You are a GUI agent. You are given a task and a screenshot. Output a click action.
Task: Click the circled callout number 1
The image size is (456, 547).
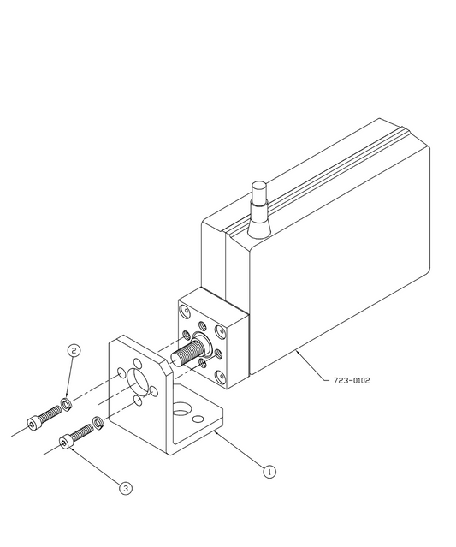click(269, 472)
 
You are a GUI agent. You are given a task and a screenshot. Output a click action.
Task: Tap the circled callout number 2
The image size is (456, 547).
click(74, 351)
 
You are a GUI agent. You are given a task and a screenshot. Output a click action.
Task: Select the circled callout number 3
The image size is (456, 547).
click(126, 488)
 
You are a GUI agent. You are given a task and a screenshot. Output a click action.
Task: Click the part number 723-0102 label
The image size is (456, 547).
click(352, 380)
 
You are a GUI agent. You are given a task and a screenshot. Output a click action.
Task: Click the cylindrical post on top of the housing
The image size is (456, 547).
click(260, 193)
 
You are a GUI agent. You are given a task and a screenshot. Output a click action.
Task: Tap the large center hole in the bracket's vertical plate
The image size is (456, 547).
click(138, 380)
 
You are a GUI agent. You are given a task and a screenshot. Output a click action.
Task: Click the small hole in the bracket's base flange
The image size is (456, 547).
click(198, 419)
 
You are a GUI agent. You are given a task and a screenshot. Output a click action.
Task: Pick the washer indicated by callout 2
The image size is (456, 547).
click(66, 403)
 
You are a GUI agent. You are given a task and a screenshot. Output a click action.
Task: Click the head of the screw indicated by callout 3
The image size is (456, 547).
click(65, 443)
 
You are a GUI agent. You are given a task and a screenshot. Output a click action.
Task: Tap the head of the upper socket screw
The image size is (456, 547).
click(33, 423)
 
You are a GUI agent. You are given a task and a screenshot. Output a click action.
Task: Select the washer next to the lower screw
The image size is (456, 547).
click(98, 423)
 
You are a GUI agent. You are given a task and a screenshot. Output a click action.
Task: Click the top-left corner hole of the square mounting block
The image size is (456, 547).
click(185, 310)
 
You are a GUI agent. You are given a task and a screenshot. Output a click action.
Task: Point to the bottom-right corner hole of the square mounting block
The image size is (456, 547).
click(220, 378)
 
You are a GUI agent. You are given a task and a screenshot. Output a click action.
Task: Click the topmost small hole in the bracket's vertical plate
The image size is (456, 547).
click(138, 363)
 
